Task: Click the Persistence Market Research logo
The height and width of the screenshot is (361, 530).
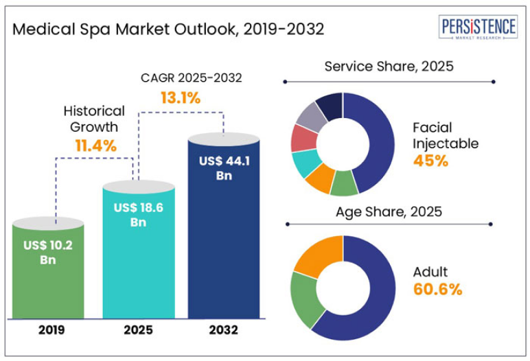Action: coord(478,30)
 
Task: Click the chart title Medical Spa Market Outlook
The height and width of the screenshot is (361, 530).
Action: coord(169,30)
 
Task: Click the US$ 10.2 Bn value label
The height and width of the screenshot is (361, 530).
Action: coord(47,252)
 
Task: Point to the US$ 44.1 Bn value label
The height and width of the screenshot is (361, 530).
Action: coord(224,168)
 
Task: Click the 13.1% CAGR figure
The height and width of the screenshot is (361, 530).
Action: coord(181,98)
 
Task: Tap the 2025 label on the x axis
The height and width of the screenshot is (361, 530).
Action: coord(138,330)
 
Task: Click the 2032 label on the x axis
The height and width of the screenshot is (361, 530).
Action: coord(224,330)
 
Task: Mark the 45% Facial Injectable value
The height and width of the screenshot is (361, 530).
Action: coord(430,161)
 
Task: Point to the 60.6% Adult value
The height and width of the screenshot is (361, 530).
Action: coord(437,289)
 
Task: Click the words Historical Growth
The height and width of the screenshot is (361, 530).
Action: coord(94,118)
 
